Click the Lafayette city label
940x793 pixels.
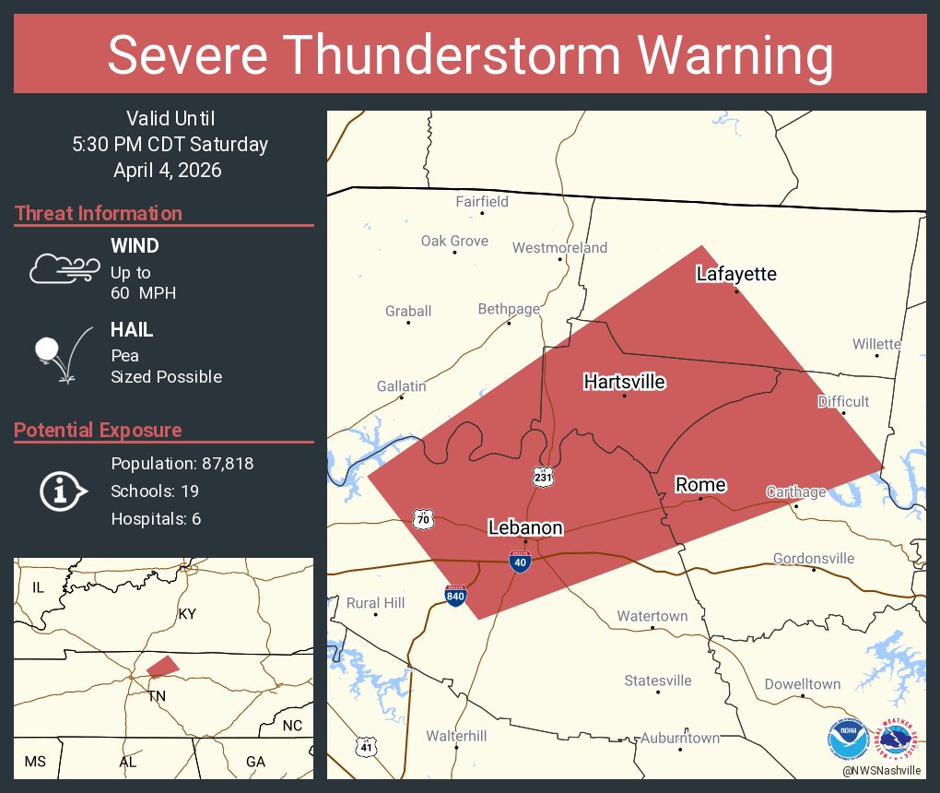[736, 274]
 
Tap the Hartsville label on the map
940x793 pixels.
[624, 382]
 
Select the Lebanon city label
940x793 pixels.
[525, 527]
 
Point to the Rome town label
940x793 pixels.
[700, 485]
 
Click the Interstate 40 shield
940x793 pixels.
[520, 562]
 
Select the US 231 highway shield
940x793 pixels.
[543, 476]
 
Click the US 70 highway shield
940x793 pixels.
[423, 518]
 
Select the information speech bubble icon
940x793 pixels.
[62, 491]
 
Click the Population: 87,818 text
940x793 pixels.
[182, 463]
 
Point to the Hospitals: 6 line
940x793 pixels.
[156, 518]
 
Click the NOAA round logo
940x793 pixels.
[848, 740]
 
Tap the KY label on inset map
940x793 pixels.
[187, 614]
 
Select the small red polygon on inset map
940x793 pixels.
[162, 666]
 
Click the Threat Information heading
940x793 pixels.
[99, 213]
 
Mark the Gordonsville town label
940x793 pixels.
[814, 558]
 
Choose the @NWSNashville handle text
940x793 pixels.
[881, 770]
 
